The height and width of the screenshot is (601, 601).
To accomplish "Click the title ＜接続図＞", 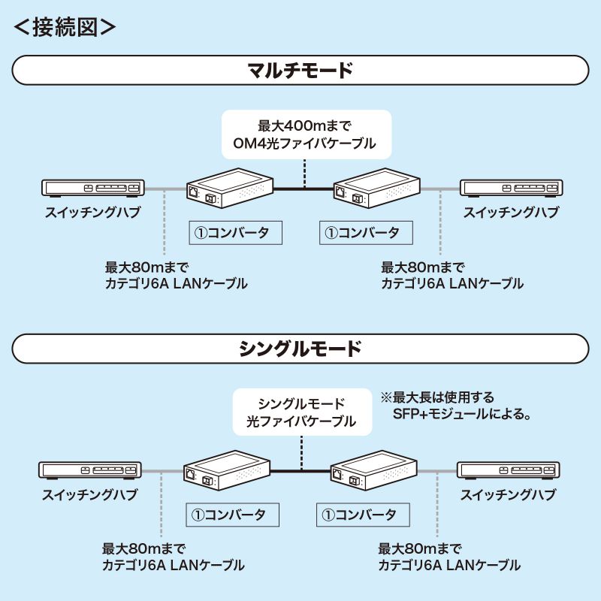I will click(x=65, y=27).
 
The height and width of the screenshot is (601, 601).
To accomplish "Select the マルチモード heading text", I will click(x=300, y=72).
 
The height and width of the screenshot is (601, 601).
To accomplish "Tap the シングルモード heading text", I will click(x=300, y=349).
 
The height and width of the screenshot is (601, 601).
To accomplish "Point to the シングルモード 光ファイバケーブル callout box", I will click(x=301, y=412).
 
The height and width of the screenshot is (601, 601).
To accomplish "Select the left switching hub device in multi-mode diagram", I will click(x=91, y=189).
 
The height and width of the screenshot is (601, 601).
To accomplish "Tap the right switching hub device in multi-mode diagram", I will click(x=511, y=189).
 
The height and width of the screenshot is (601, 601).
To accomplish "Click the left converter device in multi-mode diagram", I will click(x=229, y=189).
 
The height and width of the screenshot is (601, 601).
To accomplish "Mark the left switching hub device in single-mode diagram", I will click(x=89, y=471).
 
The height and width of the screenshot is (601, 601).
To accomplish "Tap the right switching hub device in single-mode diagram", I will click(x=509, y=471).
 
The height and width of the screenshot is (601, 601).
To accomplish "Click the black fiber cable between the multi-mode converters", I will click(x=302, y=189).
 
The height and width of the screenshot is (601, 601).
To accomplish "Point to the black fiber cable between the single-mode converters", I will click(x=300, y=471).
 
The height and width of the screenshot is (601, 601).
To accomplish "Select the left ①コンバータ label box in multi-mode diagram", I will click(x=234, y=232).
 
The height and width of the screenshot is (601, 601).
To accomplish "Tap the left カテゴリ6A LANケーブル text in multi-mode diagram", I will click(x=176, y=284).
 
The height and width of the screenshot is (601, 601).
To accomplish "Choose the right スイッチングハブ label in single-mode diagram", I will click(x=508, y=495).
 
